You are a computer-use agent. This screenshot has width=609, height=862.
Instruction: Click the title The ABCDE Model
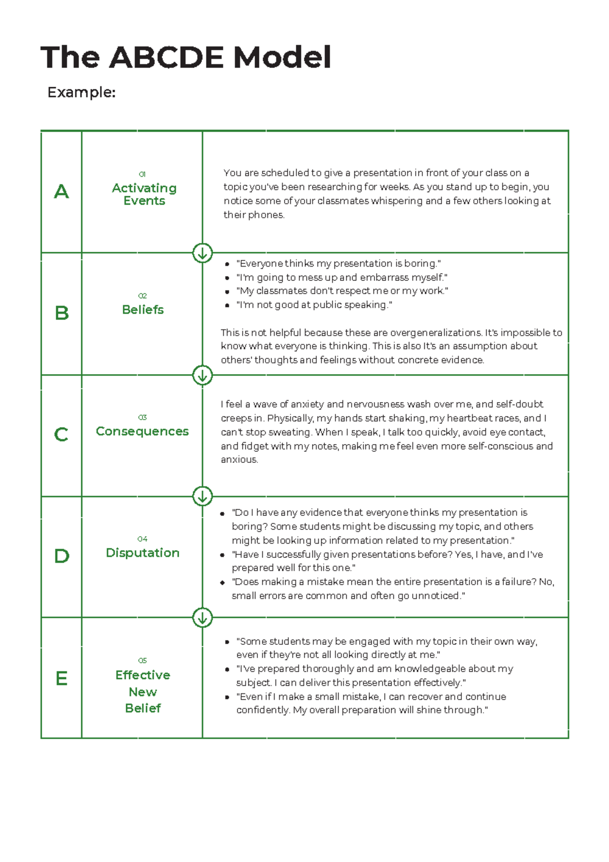point(186,57)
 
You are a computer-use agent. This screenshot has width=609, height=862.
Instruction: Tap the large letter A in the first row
point(61,192)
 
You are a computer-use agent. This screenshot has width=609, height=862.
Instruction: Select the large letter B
point(61,313)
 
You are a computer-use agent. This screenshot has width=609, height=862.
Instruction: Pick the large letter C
point(61,435)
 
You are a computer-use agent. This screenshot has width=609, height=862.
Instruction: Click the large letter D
point(61,556)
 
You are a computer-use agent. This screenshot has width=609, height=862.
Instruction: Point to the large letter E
point(61,678)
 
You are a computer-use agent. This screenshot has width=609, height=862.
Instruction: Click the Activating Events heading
point(144,194)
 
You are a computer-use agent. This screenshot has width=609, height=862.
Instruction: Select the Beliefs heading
point(143,310)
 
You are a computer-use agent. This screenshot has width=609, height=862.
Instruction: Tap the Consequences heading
point(142,431)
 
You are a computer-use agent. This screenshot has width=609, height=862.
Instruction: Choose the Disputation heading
point(143,553)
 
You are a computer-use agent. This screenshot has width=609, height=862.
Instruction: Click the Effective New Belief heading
point(143,691)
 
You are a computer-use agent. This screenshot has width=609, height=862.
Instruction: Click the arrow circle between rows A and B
point(202,253)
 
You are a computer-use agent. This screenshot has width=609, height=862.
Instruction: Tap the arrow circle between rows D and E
point(202,618)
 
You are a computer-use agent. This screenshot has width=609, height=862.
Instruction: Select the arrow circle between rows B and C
point(202,376)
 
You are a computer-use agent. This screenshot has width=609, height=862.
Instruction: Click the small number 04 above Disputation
point(142,539)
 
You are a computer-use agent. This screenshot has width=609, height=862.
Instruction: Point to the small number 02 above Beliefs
point(142,296)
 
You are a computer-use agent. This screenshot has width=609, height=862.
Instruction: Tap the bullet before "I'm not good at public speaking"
point(227,306)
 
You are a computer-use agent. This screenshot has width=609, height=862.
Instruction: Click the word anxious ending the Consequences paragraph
point(239,460)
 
